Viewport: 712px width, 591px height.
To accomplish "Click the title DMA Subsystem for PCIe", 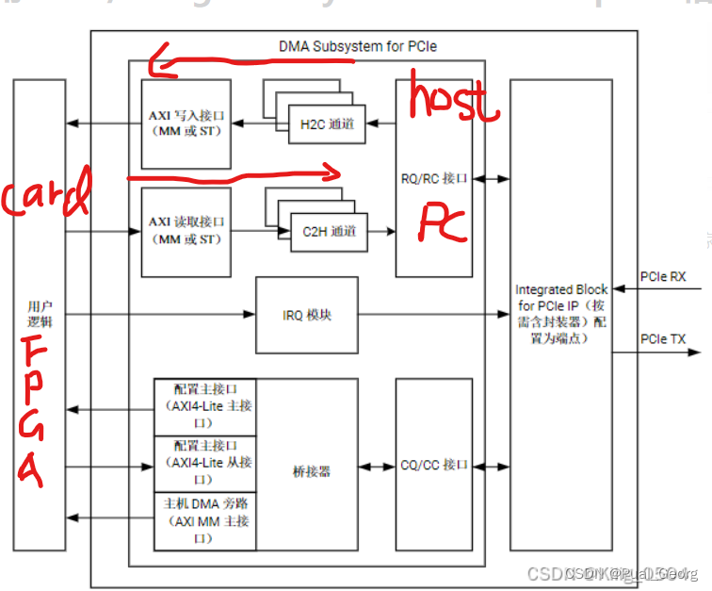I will click(357, 45).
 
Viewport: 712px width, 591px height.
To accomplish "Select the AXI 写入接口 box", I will click(186, 123).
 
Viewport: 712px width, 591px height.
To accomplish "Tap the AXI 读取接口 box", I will click(186, 231).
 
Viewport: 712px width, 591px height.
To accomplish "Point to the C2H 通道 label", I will click(330, 231).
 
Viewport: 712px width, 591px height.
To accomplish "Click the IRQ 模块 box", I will click(307, 315).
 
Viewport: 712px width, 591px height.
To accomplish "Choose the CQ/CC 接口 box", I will click(433, 465).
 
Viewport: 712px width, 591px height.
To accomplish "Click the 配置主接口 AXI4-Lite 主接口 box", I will click(204, 406).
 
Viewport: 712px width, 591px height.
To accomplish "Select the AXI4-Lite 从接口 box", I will click(204, 463).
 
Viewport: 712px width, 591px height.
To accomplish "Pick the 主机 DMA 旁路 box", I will click(204, 520).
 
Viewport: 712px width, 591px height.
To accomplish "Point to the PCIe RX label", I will click(663, 277).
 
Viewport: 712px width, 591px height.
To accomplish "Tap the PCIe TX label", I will click(663, 339).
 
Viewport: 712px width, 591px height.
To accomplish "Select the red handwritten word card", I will click(45, 196).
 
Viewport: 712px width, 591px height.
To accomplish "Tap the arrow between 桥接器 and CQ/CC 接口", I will click(377, 466).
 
